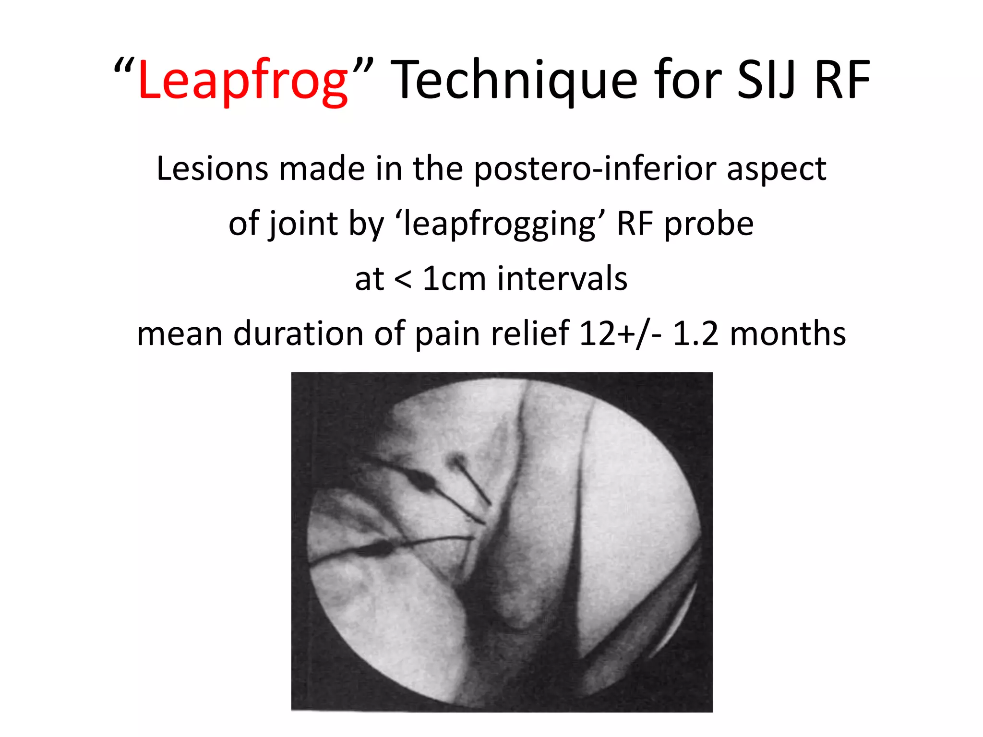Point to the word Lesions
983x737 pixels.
[x=213, y=168]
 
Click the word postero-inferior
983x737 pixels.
[x=595, y=168]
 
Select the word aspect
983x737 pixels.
[x=776, y=168]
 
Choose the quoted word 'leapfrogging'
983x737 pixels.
[x=500, y=224]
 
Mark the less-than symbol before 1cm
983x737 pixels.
[x=402, y=279]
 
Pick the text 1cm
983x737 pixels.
[x=454, y=279]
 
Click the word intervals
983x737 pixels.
[x=562, y=279]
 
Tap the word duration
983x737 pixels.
[x=298, y=334]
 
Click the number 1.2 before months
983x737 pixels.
[x=695, y=334]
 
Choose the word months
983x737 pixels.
[x=788, y=334]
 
